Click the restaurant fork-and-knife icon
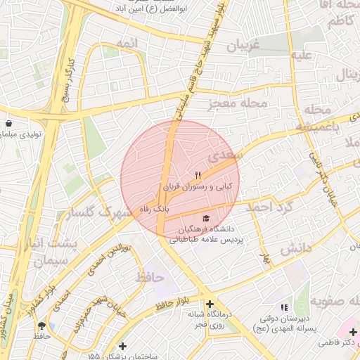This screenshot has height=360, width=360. click(x=198, y=175)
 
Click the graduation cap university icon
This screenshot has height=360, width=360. click(x=206, y=218)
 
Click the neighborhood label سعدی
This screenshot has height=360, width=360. click(x=229, y=153)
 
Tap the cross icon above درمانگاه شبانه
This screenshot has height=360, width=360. click(x=210, y=303)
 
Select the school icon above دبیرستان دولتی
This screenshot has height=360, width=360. click(x=284, y=307)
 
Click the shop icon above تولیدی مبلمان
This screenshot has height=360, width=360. click(x=8, y=123)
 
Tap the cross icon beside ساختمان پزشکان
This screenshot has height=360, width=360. click(x=124, y=346)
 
